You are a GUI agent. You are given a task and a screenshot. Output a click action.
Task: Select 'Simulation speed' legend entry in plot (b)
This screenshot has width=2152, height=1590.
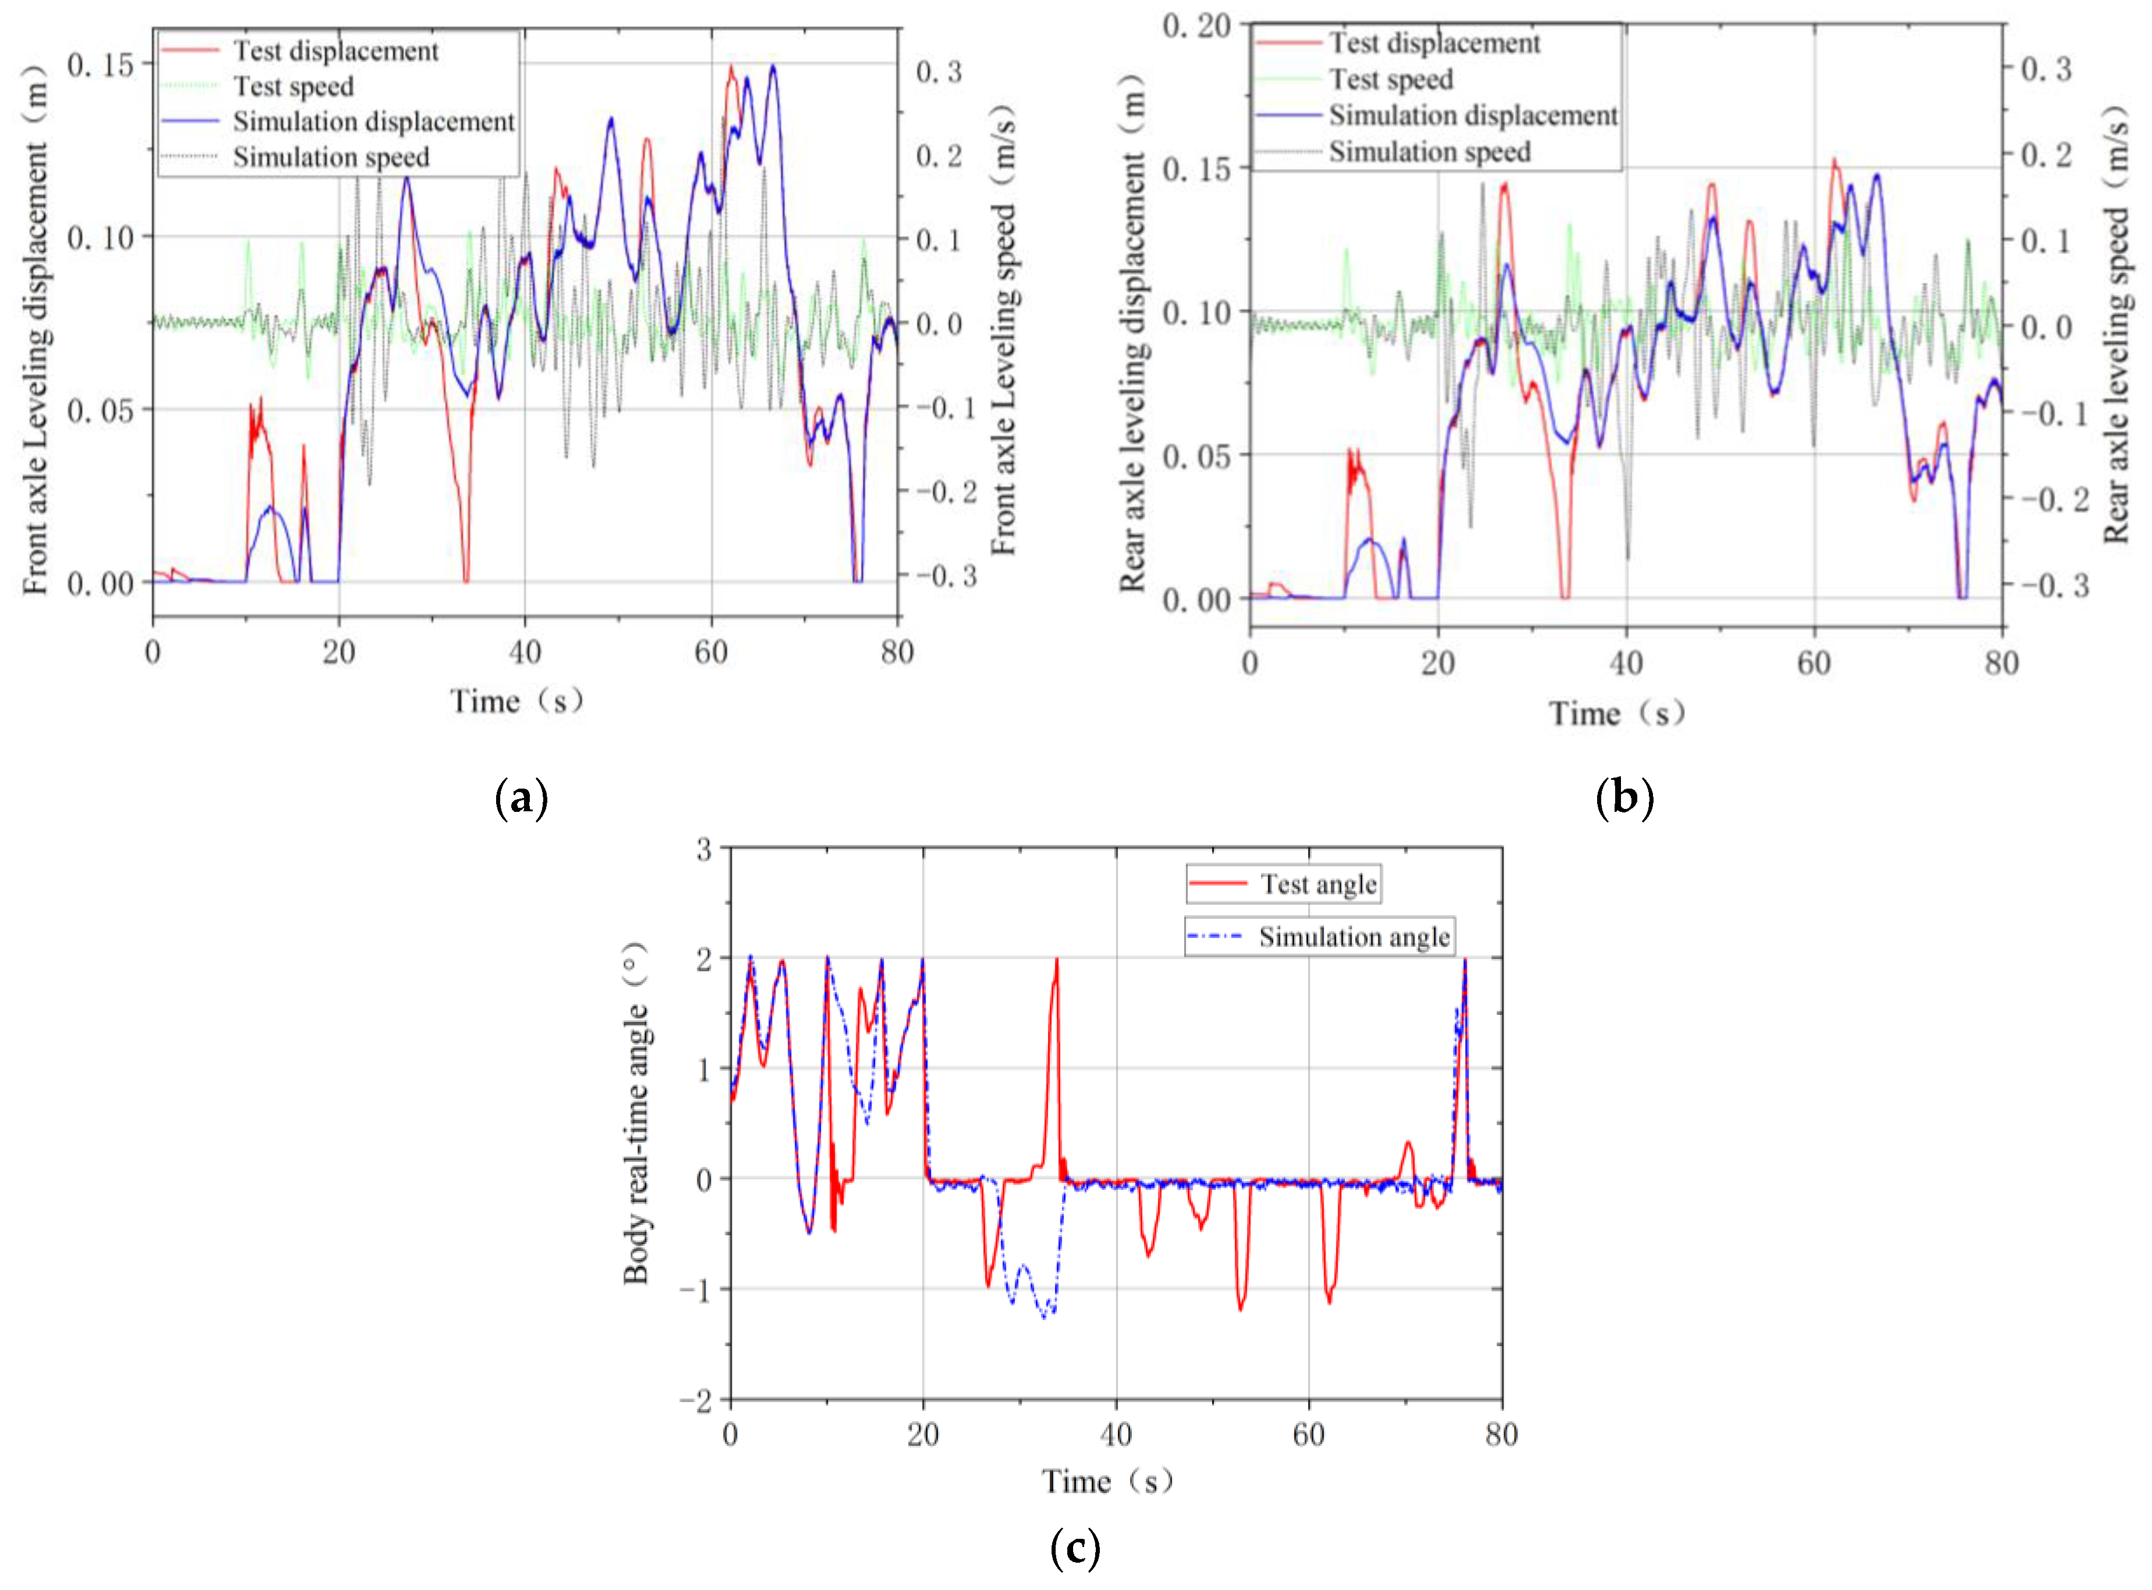(1428, 151)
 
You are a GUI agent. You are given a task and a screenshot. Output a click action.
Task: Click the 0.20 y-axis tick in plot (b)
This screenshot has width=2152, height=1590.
(1196, 26)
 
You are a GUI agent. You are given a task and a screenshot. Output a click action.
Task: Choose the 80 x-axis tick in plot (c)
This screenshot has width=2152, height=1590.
(1501, 1435)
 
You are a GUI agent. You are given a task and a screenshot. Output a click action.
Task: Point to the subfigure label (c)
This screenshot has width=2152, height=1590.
(1074, 1548)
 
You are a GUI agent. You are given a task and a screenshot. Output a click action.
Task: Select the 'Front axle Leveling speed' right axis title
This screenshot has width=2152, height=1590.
(1004, 330)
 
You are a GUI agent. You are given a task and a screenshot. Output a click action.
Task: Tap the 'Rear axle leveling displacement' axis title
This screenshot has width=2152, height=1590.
(1133, 332)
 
